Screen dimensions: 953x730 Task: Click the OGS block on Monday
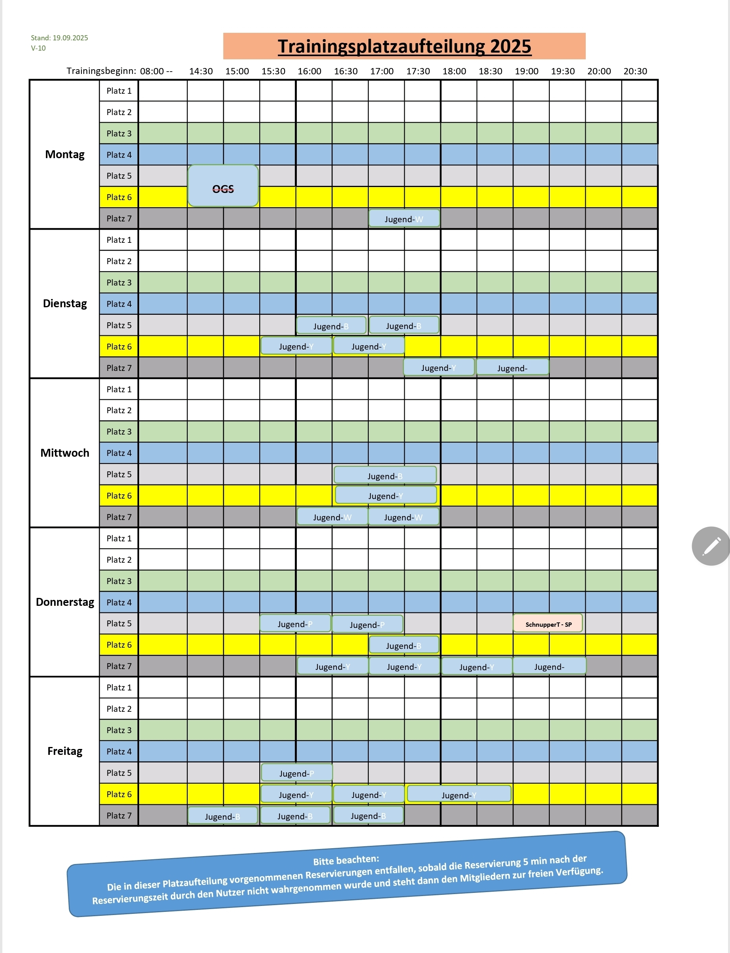click(x=223, y=186)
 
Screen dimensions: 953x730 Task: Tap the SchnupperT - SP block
click(x=548, y=624)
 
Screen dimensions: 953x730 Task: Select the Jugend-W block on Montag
click(x=404, y=219)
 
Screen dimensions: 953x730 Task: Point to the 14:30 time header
click(x=201, y=71)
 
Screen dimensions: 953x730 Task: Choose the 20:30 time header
click(x=635, y=71)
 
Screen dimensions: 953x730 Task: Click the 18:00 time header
click(x=454, y=71)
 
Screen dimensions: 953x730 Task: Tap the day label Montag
click(x=65, y=154)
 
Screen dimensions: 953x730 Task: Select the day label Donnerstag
click(x=65, y=602)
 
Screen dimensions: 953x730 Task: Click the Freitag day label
click(x=65, y=751)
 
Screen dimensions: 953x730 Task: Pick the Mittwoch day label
click(x=65, y=453)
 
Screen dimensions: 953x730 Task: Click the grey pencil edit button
click(x=711, y=546)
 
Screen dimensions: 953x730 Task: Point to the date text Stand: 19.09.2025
click(x=60, y=38)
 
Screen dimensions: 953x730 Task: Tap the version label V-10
click(x=38, y=48)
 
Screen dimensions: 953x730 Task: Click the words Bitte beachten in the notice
click(x=346, y=860)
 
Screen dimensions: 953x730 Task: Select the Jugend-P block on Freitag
click(x=297, y=773)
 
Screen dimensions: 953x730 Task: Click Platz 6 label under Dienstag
click(x=119, y=346)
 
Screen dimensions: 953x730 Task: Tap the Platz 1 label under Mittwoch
click(x=119, y=389)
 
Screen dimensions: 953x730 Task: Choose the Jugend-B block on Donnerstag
click(x=404, y=645)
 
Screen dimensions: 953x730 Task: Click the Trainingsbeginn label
click(x=101, y=71)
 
